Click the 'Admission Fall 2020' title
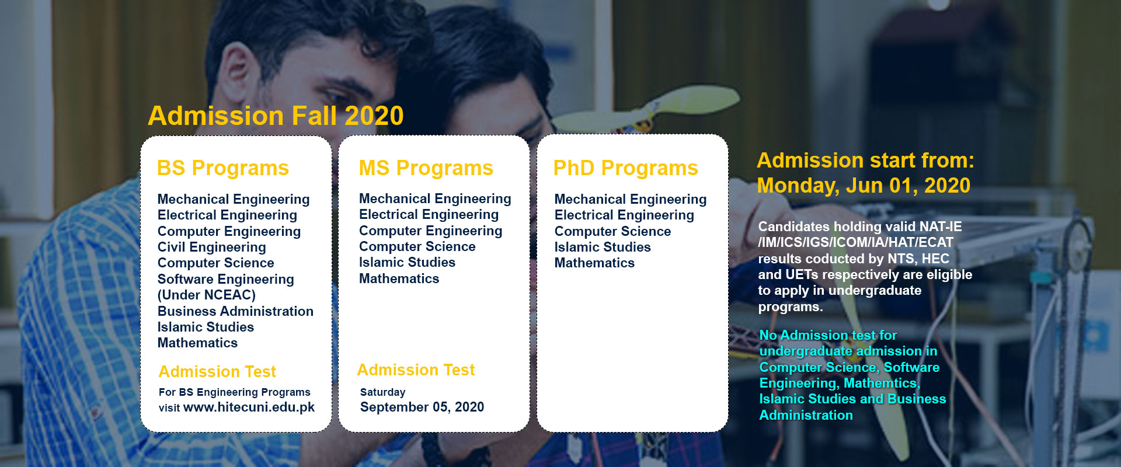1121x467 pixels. pyautogui.click(x=276, y=116)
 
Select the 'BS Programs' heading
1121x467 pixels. pyautogui.click(x=223, y=168)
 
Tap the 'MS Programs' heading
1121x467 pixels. pyautogui.click(x=426, y=168)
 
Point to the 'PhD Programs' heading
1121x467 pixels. pyautogui.click(x=626, y=168)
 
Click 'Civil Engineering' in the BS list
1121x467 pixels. pyautogui.click(x=211, y=248)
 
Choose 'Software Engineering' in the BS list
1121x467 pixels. pyautogui.click(x=225, y=279)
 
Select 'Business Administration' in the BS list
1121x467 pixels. pyautogui.click(x=235, y=311)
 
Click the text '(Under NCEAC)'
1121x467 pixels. pyautogui.click(x=207, y=295)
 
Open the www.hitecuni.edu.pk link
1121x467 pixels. pyautogui.click(x=249, y=407)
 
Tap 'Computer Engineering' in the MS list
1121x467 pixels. pyautogui.click(x=430, y=231)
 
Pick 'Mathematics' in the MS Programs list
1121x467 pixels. pyautogui.click(x=399, y=279)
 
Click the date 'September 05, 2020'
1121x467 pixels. pyautogui.click(x=422, y=407)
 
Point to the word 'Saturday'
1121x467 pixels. pyautogui.click(x=382, y=392)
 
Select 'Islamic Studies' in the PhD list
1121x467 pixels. pyautogui.click(x=603, y=247)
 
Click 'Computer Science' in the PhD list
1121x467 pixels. pyautogui.click(x=612, y=231)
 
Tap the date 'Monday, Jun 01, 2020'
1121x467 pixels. pyautogui.click(x=864, y=186)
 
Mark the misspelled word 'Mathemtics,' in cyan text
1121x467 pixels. pyautogui.click(x=882, y=383)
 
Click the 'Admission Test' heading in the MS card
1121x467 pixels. pyautogui.click(x=416, y=370)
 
